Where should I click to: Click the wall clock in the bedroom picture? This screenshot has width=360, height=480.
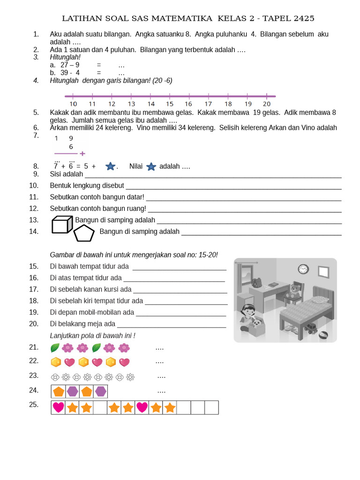[x=303, y=269]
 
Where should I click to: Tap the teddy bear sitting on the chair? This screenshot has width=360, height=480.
[x=294, y=291]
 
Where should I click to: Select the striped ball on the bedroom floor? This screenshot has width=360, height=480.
[x=324, y=336]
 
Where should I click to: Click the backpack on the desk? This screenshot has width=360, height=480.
[x=256, y=282]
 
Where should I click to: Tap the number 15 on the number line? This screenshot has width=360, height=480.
[x=169, y=104]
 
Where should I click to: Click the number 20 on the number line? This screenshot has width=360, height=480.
[x=266, y=104]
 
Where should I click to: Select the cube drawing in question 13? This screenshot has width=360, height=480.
[x=61, y=225]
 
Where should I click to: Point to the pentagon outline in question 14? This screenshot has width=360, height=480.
[x=84, y=233]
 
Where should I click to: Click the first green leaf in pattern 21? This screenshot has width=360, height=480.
[x=55, y=348]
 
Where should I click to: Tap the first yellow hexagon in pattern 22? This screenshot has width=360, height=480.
[x=56, y=362]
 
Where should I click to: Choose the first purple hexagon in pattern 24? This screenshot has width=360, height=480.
[x=72, y=391]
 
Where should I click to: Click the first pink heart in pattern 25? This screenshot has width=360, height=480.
[x=58, y=407]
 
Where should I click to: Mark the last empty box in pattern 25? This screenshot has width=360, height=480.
[x=211, y=407]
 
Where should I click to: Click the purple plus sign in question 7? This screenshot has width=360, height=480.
[x=82, y=153]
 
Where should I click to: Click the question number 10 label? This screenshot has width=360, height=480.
[x=33, y=185]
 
